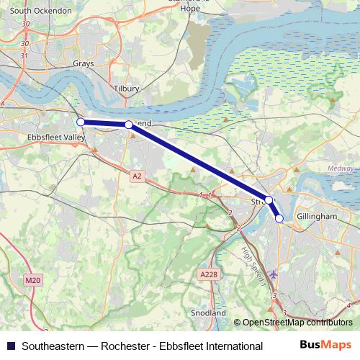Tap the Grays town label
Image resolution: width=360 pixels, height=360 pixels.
pyautogui.click(x=84, y=63)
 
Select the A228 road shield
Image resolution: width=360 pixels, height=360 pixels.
pyautogui.click(x=207, y=274)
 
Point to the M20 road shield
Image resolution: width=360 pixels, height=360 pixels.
pyautogui.click(x=32, y=280)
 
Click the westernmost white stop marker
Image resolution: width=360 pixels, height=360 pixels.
pyautogui.click(x=81, y=122)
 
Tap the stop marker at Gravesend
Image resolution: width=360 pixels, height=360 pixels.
pyautogui.click(x=129, y=125)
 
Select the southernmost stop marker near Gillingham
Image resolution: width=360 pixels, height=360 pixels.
pyautogui.click(x=279, y=218)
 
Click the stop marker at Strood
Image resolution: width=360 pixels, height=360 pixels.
pyautogui.click(x=268, y=199)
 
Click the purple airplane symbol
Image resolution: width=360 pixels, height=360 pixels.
pyautogui.click(x=272, y=274)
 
